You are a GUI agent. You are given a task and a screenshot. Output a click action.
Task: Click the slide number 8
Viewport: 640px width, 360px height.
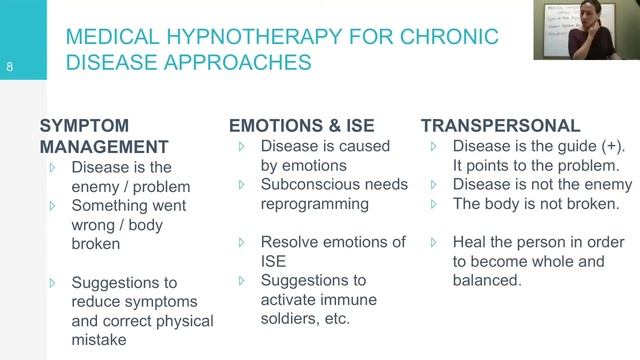(x=9, y=69)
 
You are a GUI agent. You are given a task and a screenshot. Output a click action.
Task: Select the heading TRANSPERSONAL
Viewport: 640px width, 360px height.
(x=499, y=126)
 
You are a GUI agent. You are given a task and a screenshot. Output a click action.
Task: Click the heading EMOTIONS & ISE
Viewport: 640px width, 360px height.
(x=302, y=126)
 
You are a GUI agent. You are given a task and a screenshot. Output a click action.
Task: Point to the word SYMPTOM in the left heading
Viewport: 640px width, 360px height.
(x=85, y=126)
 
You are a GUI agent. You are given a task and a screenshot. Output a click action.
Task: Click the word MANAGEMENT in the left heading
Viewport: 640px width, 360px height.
(x=107, y=147)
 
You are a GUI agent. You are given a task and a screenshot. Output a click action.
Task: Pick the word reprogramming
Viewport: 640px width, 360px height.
(x=315, y=204)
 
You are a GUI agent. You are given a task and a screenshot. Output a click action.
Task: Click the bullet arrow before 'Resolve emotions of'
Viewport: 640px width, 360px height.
(x=240, y=243)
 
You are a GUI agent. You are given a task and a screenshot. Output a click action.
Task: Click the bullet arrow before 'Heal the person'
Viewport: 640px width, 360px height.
(x=433, y=243)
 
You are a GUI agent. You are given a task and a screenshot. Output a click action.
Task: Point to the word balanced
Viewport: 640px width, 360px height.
(x=486, y=281)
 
